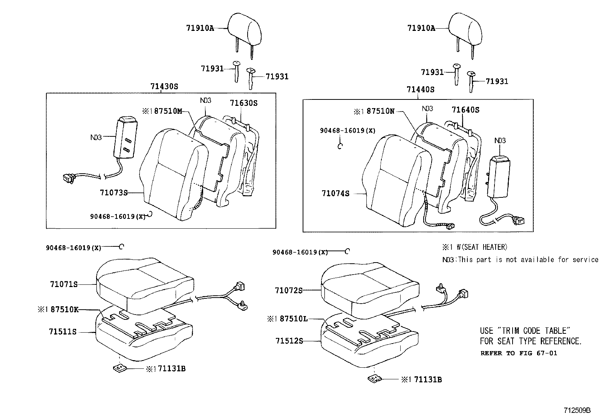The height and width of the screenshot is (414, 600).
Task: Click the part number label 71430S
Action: [164, 86]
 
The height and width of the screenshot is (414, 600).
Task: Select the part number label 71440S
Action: [420, 90]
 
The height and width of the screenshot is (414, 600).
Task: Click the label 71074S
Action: [335, 194]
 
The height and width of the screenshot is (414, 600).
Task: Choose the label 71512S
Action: [289, 341]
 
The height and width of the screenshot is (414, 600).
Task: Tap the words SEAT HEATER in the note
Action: [483, 247]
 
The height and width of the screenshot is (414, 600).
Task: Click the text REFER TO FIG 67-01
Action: [518, 353]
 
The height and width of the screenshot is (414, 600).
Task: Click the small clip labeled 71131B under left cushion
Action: [119, 368]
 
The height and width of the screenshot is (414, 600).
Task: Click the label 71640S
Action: [465, 110]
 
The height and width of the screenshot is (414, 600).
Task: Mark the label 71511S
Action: [63, 332]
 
